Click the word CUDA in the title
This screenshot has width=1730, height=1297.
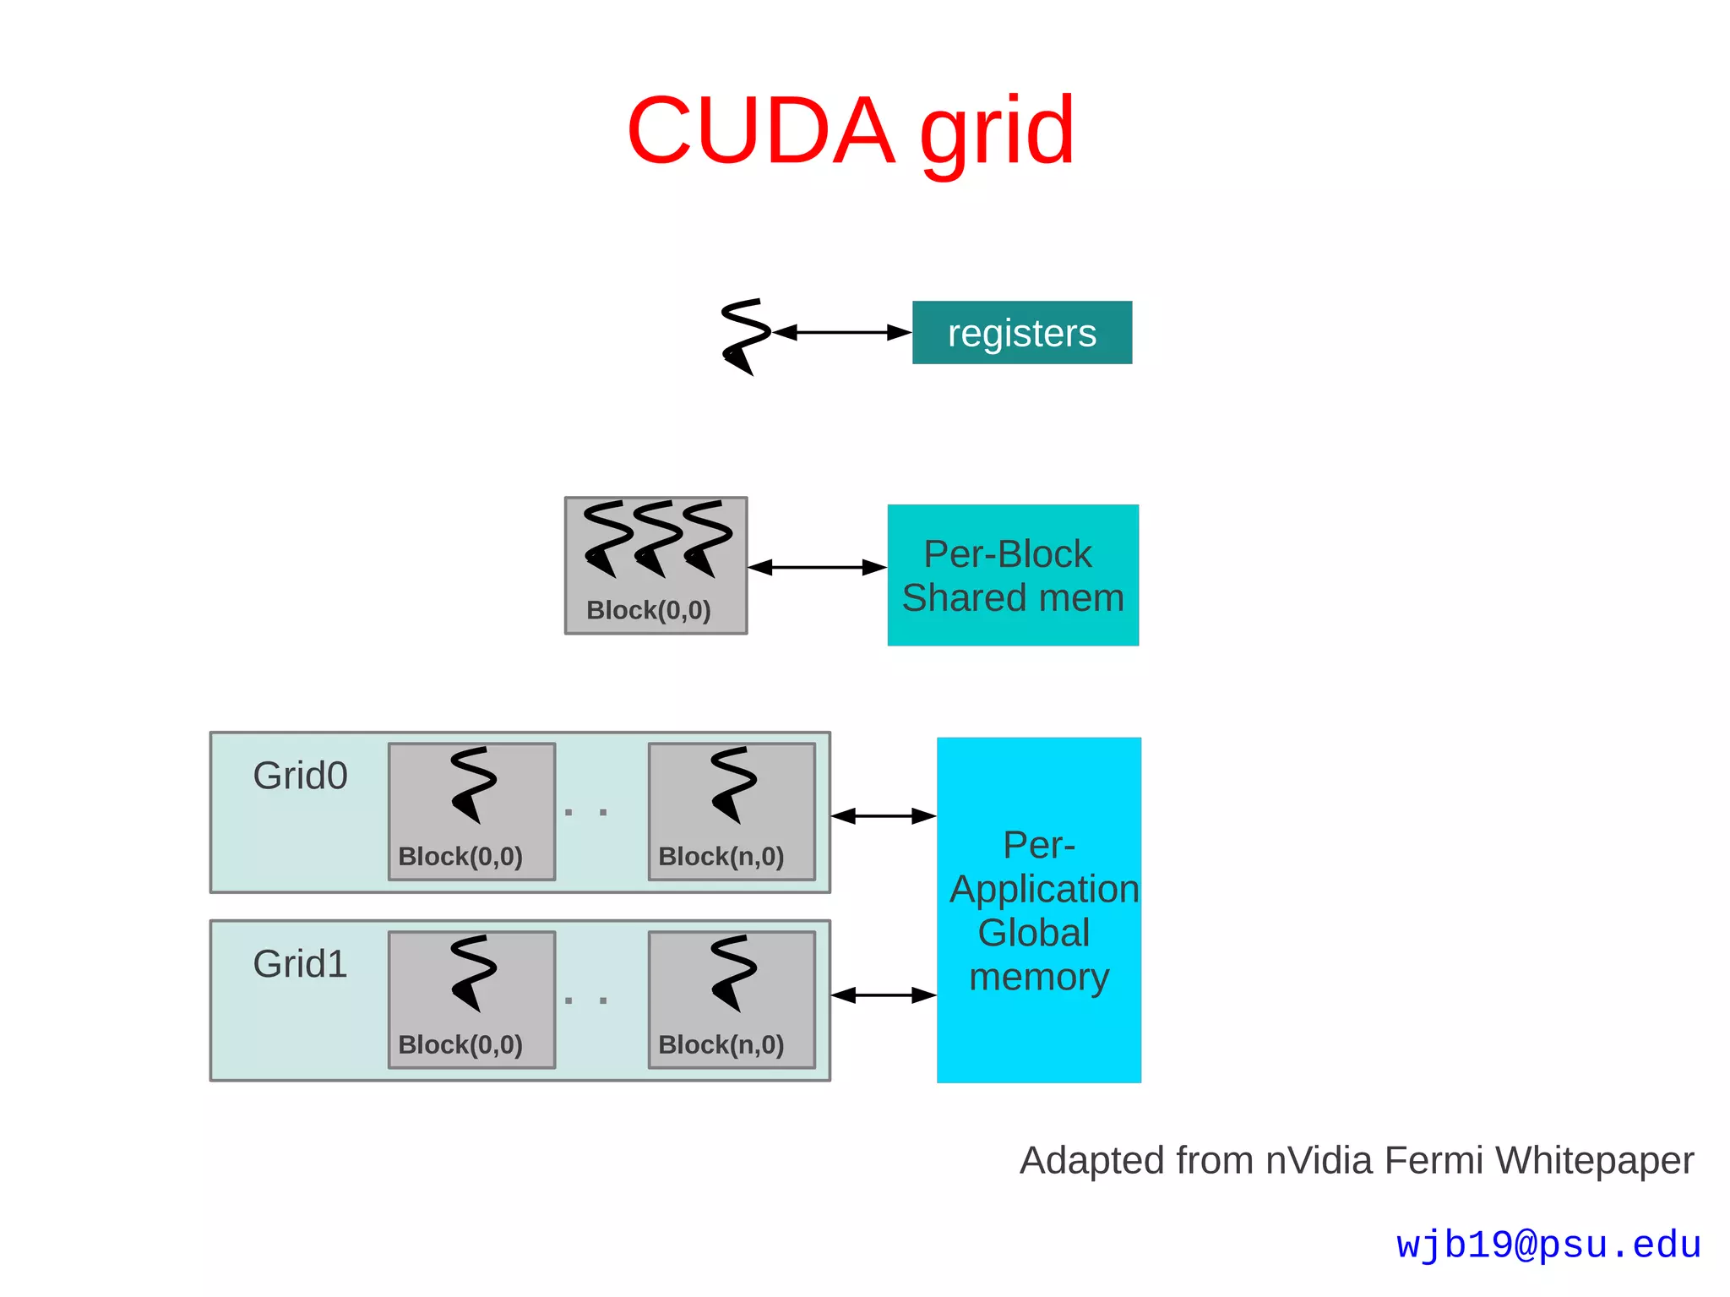pos(760,131)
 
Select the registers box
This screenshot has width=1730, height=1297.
pos(1021,332)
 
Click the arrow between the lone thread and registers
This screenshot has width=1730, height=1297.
pos(841,332)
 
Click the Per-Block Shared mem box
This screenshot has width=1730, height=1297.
pos(1012,575)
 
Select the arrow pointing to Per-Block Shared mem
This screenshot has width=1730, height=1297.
pos(817,567)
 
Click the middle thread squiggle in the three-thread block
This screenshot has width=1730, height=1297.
pos(657,538)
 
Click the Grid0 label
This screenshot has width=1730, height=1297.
pos(300,776)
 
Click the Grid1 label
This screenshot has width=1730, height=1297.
pos(300,964)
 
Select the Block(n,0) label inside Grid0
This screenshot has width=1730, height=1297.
pos(721,857)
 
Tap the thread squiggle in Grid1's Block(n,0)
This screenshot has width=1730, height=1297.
pos(732,972)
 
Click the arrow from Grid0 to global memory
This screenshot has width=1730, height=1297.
pos(883,815)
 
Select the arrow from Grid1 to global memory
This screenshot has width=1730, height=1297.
pos(883,995)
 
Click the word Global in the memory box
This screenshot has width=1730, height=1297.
pos(1033,933)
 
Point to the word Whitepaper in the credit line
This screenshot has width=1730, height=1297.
pos(1594,1160)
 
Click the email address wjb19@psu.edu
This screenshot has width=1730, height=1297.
pos(1548,1245)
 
